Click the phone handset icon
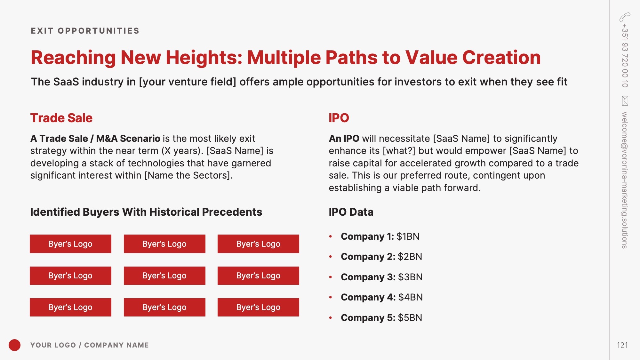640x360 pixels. [625, 17]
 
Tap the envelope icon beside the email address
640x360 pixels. [625, 101]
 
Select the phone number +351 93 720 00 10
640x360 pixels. [625, 55]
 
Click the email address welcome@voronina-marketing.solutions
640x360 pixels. [625, 180]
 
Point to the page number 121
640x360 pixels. [622, 345]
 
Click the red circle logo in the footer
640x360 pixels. [14, 345]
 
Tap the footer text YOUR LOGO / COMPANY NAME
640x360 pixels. [90, 345]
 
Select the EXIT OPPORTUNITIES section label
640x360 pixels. [85, 31]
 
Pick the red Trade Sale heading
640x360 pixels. [61, 118]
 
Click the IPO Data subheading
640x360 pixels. [351, 212]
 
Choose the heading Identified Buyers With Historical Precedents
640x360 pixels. [146, 212]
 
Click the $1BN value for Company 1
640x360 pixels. [408, 236]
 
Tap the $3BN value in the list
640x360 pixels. [410, 277]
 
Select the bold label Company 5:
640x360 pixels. [368, 318]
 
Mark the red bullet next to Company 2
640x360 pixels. [331, 257]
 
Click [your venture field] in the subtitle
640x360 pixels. [188, 82]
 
